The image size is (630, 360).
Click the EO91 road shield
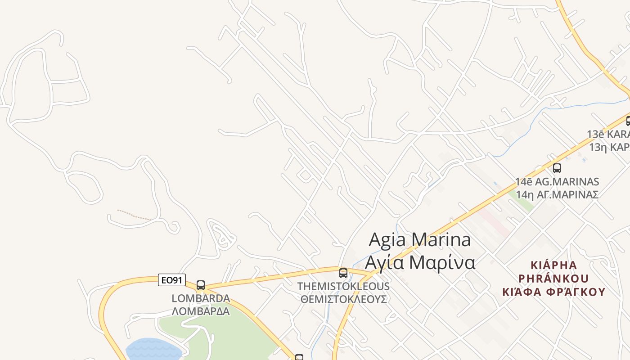172,280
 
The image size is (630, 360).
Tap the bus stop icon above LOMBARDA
201,285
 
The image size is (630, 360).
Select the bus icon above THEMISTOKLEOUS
343,273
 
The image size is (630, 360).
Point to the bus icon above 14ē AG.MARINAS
557,168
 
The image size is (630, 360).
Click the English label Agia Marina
419,239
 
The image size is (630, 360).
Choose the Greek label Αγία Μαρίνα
419,262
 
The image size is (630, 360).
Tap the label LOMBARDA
201,298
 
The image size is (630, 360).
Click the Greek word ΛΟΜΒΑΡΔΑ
201,311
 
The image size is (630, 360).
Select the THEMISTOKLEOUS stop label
343,286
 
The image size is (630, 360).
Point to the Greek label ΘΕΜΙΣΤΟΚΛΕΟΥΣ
343,299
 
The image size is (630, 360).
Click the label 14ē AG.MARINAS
557,182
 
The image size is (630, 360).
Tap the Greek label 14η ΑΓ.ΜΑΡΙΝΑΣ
557,194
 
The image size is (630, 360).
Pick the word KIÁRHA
553,264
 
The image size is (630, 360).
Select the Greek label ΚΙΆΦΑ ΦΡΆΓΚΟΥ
553,292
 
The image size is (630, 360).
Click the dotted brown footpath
134,215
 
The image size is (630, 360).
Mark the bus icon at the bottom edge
299,357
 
